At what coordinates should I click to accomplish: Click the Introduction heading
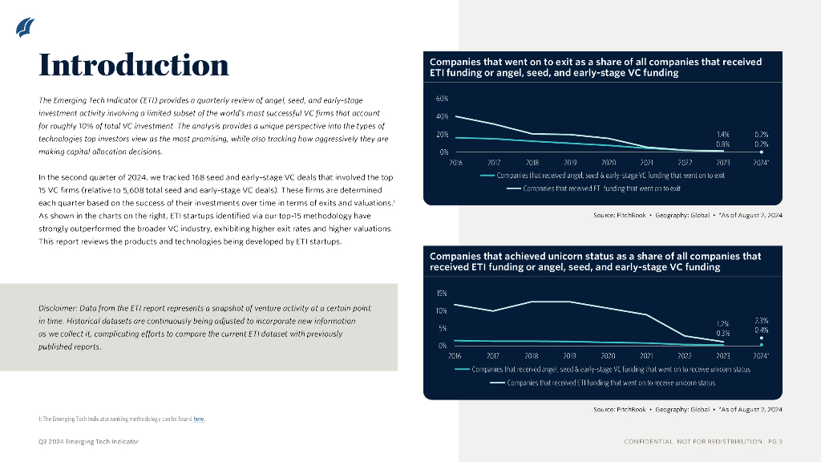[134, 64]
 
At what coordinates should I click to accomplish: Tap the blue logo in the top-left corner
[25, 27]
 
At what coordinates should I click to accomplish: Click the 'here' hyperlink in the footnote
[199, 419]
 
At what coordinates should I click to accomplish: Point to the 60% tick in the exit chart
[442, 99]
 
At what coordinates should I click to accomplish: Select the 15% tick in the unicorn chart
[442, 294]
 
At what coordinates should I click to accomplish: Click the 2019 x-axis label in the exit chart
[570, 161]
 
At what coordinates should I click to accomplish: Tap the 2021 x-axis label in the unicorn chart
[646, 355]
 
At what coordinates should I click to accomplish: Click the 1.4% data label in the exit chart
[722, 135]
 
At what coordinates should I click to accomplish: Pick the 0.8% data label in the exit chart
[722, 144]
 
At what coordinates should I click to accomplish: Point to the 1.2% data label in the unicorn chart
[722, 323]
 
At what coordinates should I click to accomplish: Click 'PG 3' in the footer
[775, 442]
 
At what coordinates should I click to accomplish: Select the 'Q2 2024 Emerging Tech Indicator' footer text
[89, 442]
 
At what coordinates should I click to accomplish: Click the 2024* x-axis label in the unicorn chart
[762, 355]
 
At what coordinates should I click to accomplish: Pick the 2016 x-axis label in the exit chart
[455, 161]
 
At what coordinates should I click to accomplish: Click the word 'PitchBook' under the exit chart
[632, 216]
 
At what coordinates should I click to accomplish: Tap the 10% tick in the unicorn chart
[442, 310]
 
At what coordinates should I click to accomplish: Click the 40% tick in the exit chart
[442, 116]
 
